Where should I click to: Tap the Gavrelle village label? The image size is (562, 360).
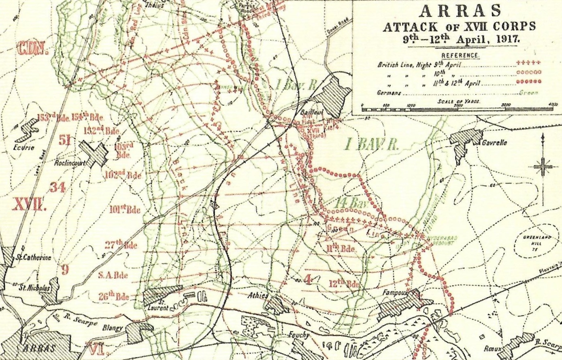[x=494, y=143]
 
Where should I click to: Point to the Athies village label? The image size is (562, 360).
[x=258, y=296]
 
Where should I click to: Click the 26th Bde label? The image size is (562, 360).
[x=114, y=296]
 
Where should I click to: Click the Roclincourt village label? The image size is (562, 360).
[x=70, y=163]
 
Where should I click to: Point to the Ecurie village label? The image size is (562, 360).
[x=23, y=148]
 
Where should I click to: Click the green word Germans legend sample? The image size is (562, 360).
[x=529, y=93]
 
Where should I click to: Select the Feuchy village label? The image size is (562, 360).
[x=299, y=335]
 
